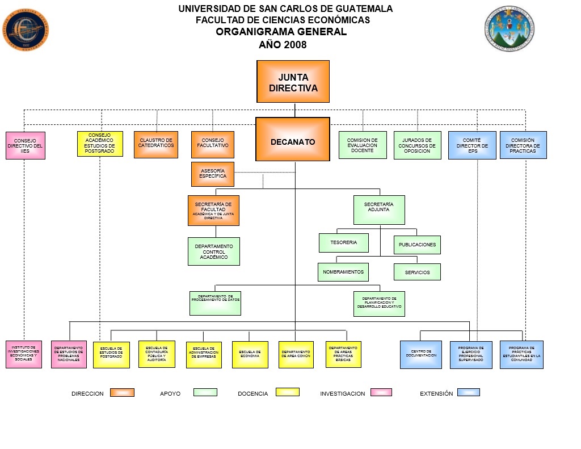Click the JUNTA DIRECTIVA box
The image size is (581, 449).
[x=293, y=81]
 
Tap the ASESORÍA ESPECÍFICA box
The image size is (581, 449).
[x=213, y=174]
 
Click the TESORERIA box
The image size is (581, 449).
[x=343, y=242]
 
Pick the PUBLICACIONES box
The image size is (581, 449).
[x=417, y=245]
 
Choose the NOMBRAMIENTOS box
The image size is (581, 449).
[x=343, y=272]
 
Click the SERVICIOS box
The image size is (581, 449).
[x=417, y=272]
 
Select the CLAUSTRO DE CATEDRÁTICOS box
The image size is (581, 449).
[x=156, y=145]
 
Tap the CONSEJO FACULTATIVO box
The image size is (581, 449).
[x=213, y=145]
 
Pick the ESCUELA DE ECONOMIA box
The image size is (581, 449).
[x=250, y=355]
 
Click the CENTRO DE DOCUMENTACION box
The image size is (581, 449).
[x=420, y=355]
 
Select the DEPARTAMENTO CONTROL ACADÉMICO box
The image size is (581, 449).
[x=213, y=251]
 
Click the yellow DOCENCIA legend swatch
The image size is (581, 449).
[x=288, y=392]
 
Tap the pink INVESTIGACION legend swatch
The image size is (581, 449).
[x=381, y=392]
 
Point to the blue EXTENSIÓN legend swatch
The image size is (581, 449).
[x=468, y=392]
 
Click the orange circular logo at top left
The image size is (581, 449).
[x=26, y=30]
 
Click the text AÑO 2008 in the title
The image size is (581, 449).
[x=283, y=45]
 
